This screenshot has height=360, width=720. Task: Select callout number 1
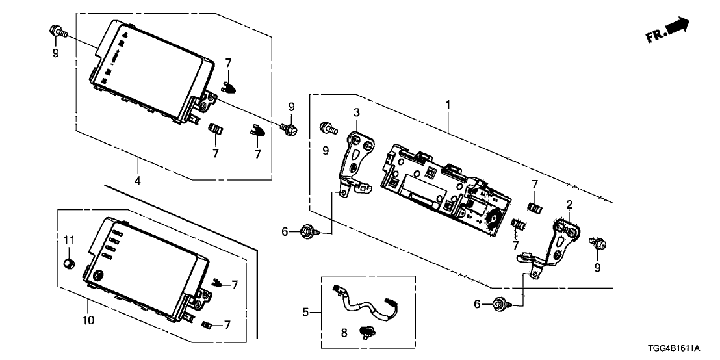coord(447,104)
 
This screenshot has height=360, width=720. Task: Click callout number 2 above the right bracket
coord(569,205)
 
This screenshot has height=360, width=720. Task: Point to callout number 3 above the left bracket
coord(356,112)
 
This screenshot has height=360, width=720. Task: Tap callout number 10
coord(88,320)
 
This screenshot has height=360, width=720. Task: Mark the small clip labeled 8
coord(368,332)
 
